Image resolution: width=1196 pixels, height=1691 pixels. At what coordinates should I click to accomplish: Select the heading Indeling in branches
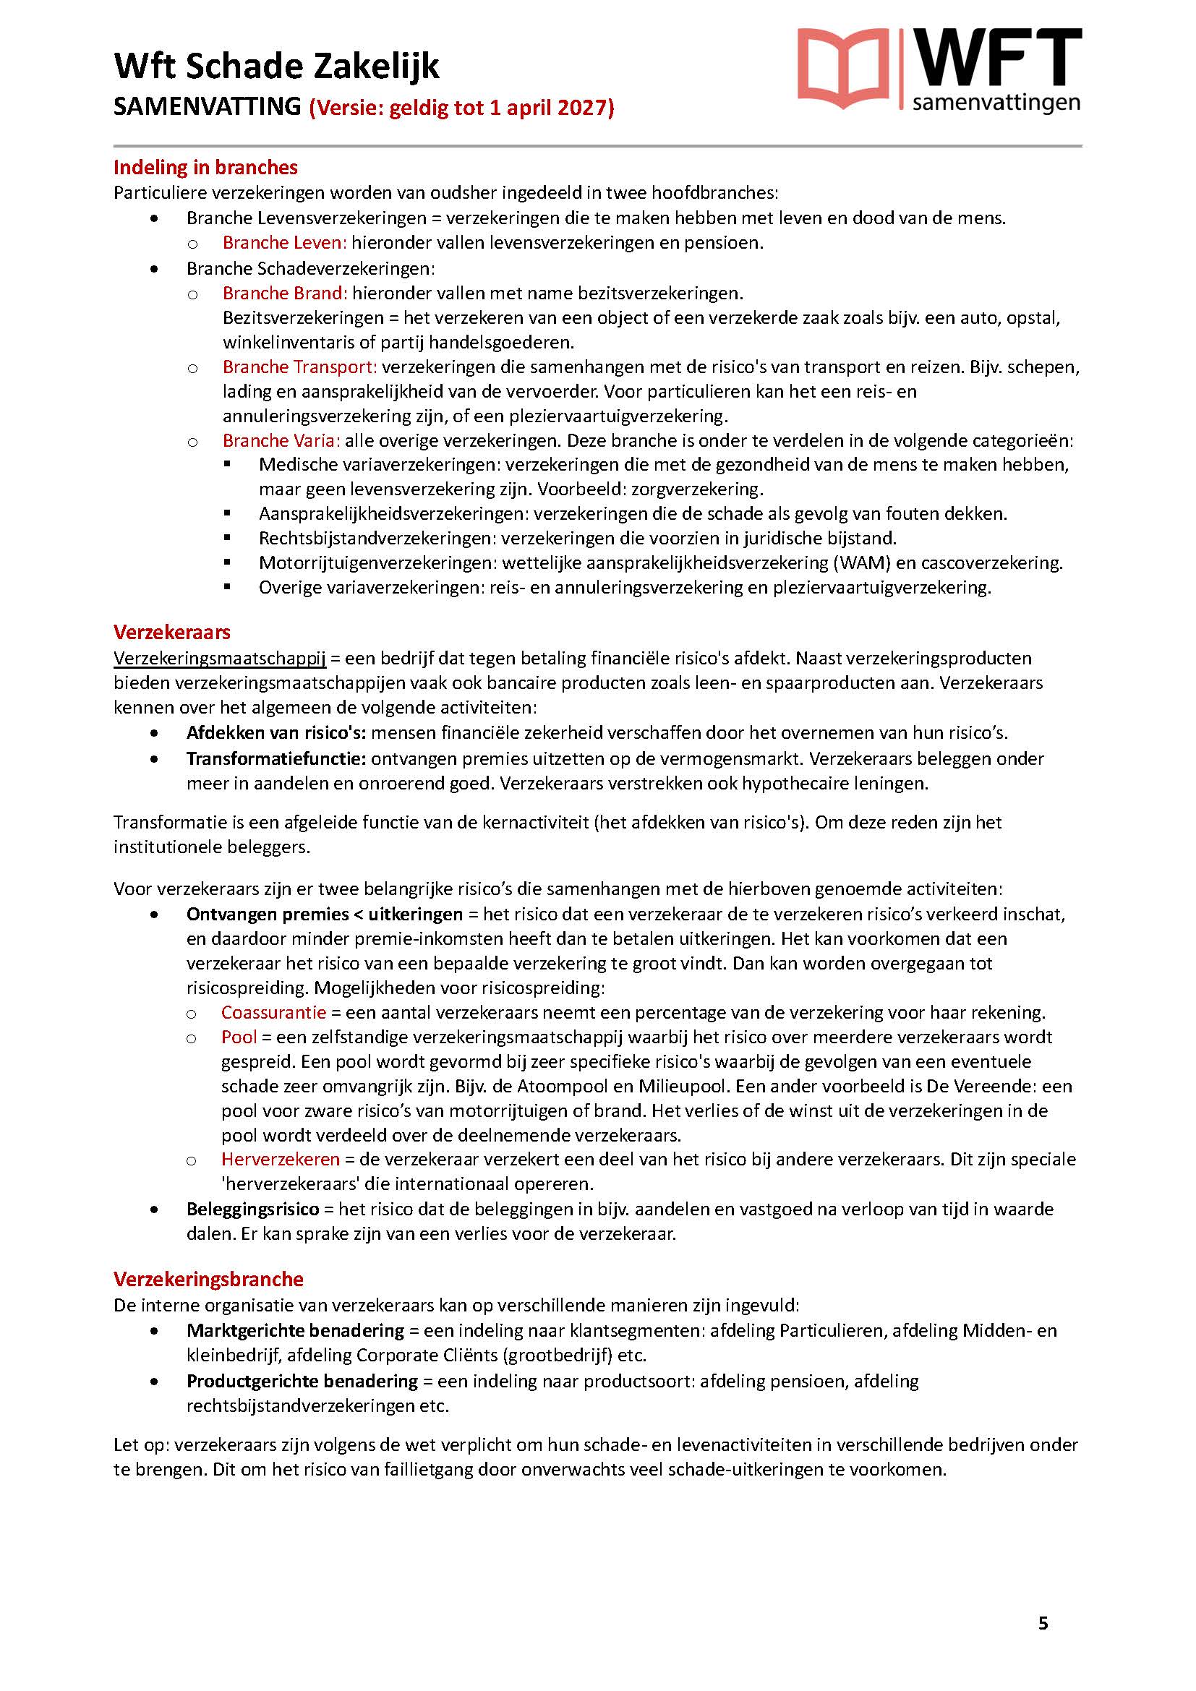[205, 167]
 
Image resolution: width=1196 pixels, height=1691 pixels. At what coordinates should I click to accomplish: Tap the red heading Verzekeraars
[171, 632]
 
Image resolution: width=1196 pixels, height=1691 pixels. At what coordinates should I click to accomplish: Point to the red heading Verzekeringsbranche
[208, 1280]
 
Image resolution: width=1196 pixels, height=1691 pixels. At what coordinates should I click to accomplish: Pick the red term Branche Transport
[300, 367]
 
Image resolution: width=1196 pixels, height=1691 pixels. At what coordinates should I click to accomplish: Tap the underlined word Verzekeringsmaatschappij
[220, 658]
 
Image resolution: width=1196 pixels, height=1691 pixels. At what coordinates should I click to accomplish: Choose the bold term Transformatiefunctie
[276, 758]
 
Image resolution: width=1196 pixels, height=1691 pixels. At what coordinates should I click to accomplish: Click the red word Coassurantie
[273, 1013]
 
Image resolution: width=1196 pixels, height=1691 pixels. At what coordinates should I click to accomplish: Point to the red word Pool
[239, 1037]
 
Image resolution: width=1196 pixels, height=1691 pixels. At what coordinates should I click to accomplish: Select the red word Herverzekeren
[281, 1159]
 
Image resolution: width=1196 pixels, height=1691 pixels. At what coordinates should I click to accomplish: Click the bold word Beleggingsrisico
[252, 1209]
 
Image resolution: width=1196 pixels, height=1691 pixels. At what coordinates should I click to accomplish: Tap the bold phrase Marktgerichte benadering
[295, 1330]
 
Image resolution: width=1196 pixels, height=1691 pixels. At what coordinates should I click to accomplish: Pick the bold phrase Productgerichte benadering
[302, 1381]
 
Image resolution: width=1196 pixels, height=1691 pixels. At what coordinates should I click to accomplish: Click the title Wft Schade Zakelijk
[277, 67]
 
